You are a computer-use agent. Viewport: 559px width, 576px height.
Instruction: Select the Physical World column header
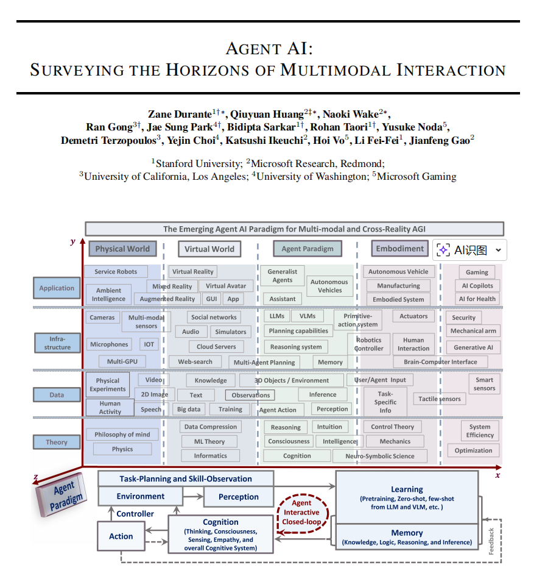[122, 249]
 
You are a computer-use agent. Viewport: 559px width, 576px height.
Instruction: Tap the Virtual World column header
[209, 249]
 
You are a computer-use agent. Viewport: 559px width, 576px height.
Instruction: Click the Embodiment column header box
[399, 249]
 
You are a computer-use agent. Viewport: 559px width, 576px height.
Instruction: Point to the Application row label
[57, 288]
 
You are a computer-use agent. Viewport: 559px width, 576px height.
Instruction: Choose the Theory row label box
[57, 443]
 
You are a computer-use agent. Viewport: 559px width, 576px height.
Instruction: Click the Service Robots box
[116, 272]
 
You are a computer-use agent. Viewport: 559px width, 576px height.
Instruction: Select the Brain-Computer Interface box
[440, 361]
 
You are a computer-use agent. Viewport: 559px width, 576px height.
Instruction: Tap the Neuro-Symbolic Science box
[379, 456]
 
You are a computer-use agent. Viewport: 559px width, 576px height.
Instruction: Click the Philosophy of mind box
[122, 435]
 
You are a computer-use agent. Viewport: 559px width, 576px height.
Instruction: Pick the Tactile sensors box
[440, 399]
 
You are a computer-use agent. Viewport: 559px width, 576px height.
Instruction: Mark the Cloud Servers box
[216, 346]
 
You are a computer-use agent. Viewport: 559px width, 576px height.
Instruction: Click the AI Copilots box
[477, 286]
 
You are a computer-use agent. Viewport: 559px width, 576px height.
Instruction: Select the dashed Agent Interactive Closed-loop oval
[301, 512]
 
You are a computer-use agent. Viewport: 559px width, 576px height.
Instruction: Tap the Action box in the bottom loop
[121, 536]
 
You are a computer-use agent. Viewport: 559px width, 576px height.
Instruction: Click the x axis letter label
[497, 475]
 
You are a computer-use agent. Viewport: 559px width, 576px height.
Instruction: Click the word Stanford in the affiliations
[177, 163]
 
